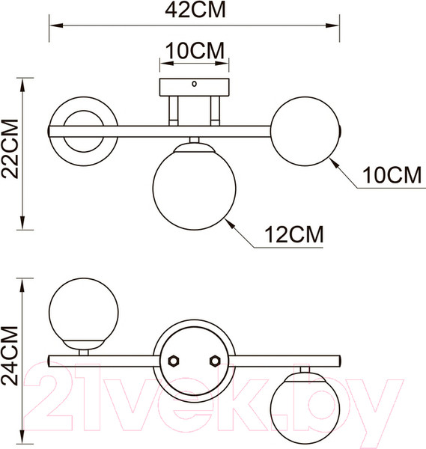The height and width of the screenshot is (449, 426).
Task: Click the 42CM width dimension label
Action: tap(193, 10)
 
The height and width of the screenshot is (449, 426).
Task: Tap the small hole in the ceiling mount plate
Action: tap(194, 85)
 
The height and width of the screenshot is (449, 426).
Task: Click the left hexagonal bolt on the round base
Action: tap(174, 360)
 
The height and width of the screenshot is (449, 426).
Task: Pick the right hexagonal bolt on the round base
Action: tap(215, 360)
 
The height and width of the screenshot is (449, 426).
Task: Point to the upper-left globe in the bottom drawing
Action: tap(82, 309)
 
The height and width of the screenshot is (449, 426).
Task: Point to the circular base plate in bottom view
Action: tap(194, 360)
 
